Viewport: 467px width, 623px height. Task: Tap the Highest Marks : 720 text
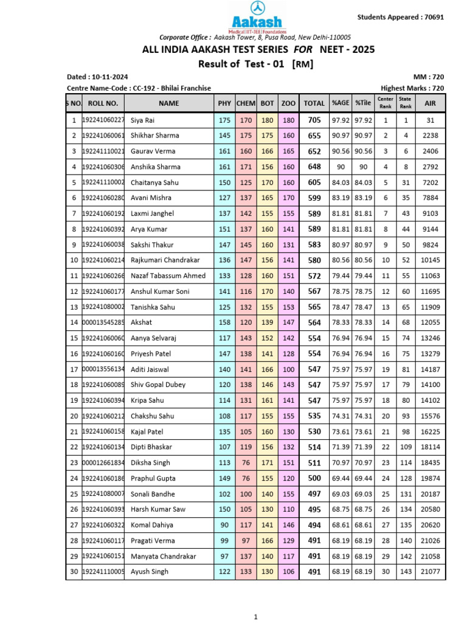(x=412, y=88)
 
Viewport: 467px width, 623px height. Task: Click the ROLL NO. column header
(x=102, y=103)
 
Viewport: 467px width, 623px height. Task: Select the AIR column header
(x=430, y=103)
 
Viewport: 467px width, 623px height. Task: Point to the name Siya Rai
(x=143, y=120)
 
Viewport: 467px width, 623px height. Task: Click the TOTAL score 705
(x=314, y=120)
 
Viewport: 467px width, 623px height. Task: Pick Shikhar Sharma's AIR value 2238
(x=430, y=136)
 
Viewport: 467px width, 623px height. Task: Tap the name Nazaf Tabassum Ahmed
(x=168, y=276)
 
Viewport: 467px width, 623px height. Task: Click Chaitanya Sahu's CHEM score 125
(x=246, y=183)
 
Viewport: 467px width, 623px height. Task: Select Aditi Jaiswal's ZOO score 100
(x=288, y=369)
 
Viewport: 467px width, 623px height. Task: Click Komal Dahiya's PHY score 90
(x=224, y=525)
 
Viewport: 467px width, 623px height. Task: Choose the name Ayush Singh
(x=149, y=571)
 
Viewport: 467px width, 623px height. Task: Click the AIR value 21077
(x=430, y=571)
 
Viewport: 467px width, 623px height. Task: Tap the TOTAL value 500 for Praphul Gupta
(x=314, y=478)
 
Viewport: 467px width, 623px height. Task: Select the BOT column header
(x=267, y=103)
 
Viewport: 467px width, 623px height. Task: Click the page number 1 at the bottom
(x=256, y=616)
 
